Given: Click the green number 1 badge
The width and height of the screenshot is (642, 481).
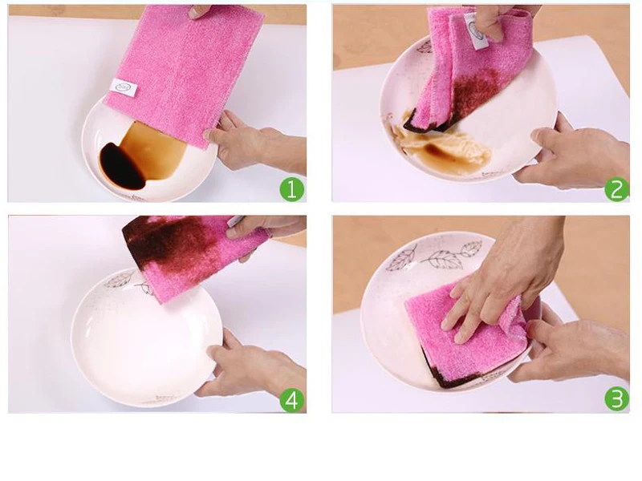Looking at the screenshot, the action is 292,190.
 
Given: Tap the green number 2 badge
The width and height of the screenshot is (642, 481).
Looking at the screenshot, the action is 616,189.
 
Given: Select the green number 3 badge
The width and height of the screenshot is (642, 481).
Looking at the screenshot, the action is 616,399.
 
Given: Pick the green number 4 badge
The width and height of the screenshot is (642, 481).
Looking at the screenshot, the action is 292,399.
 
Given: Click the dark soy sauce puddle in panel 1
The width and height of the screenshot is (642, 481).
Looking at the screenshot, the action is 122,166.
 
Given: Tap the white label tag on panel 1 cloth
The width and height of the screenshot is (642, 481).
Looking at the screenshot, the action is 124,87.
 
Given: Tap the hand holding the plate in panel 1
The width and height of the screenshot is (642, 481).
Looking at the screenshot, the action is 258,141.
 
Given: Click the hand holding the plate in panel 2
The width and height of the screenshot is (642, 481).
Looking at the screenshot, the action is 573,153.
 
